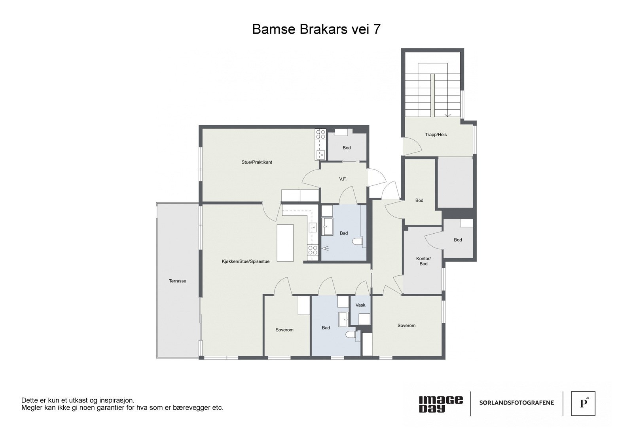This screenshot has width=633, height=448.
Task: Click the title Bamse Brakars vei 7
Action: coord(316,29)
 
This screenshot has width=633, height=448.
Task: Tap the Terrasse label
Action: coord(177,281)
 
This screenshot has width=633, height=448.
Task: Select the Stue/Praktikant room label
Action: coord(257,162)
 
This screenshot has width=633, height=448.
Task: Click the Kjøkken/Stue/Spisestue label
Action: coord(245,261)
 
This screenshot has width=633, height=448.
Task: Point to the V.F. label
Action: coord(343,179)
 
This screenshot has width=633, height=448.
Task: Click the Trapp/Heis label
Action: coord(436,135)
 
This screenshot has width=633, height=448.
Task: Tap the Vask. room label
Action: coord(361,305)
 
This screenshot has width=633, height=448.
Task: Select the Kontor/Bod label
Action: coord(423,261)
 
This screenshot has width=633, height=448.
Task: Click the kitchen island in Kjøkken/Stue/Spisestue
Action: coord(285,242)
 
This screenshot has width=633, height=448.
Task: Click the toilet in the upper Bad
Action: coord(358,242)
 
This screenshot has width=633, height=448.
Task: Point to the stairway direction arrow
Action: coord(448,115)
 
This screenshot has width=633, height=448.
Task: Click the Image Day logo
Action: coord(440,404)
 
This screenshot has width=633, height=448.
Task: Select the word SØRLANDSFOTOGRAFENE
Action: coord(516,403)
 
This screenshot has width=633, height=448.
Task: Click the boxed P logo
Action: coord(583,404)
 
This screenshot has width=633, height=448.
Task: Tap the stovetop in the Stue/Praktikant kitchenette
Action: coord(320,135)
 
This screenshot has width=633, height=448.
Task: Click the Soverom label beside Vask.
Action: coord(406,326)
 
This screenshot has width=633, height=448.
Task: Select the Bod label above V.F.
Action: coord(347,148)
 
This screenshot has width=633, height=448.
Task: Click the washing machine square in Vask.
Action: coord(364,319)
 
